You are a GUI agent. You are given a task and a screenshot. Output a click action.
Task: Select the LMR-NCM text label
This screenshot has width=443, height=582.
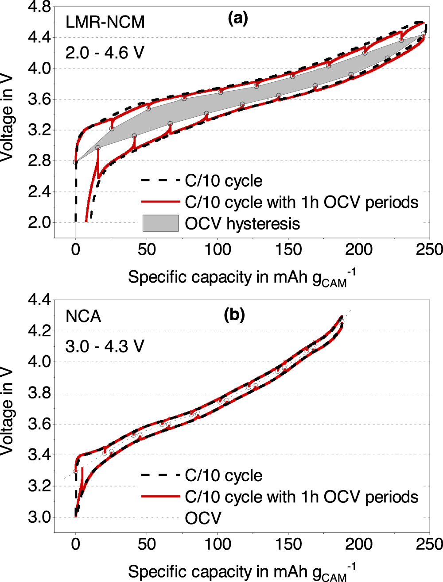pos(105,22)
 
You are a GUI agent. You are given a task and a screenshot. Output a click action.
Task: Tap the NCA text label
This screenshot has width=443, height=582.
pos(83,317)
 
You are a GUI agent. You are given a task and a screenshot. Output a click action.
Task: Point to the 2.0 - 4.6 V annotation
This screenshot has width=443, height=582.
pos(105,53)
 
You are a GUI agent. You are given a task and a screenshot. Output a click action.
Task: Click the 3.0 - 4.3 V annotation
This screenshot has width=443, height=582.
pos(105,346)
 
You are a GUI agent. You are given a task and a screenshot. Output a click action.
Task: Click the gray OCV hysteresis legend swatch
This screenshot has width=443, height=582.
pos(160,223)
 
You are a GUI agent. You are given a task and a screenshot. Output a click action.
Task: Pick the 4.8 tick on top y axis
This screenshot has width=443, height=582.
pos(39,7)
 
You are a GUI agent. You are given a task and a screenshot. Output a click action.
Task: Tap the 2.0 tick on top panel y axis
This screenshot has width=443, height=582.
pos(39,222)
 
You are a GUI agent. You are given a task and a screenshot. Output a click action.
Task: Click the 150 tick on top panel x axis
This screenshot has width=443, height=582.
pos(288,249)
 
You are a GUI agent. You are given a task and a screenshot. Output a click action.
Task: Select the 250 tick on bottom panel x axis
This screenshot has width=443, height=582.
pos(429,544)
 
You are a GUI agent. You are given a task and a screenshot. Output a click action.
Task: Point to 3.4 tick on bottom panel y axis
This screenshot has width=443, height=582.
pos(39,455)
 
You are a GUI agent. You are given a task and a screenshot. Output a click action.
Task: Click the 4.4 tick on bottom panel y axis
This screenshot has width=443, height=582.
pos(39,300)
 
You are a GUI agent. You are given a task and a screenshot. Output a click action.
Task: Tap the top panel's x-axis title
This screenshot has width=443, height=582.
pos(241,278)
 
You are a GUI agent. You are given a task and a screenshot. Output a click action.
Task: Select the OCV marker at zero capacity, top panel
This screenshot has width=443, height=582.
pos(75,162)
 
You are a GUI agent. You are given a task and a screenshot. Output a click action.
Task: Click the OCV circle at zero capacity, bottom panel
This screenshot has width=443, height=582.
pos(75,471)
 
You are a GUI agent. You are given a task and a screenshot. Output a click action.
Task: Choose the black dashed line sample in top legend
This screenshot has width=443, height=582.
pos(160,180)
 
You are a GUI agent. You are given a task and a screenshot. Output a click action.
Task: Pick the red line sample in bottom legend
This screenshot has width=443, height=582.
pos(160,497)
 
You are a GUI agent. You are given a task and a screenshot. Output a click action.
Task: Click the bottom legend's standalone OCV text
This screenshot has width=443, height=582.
pos(203,518)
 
